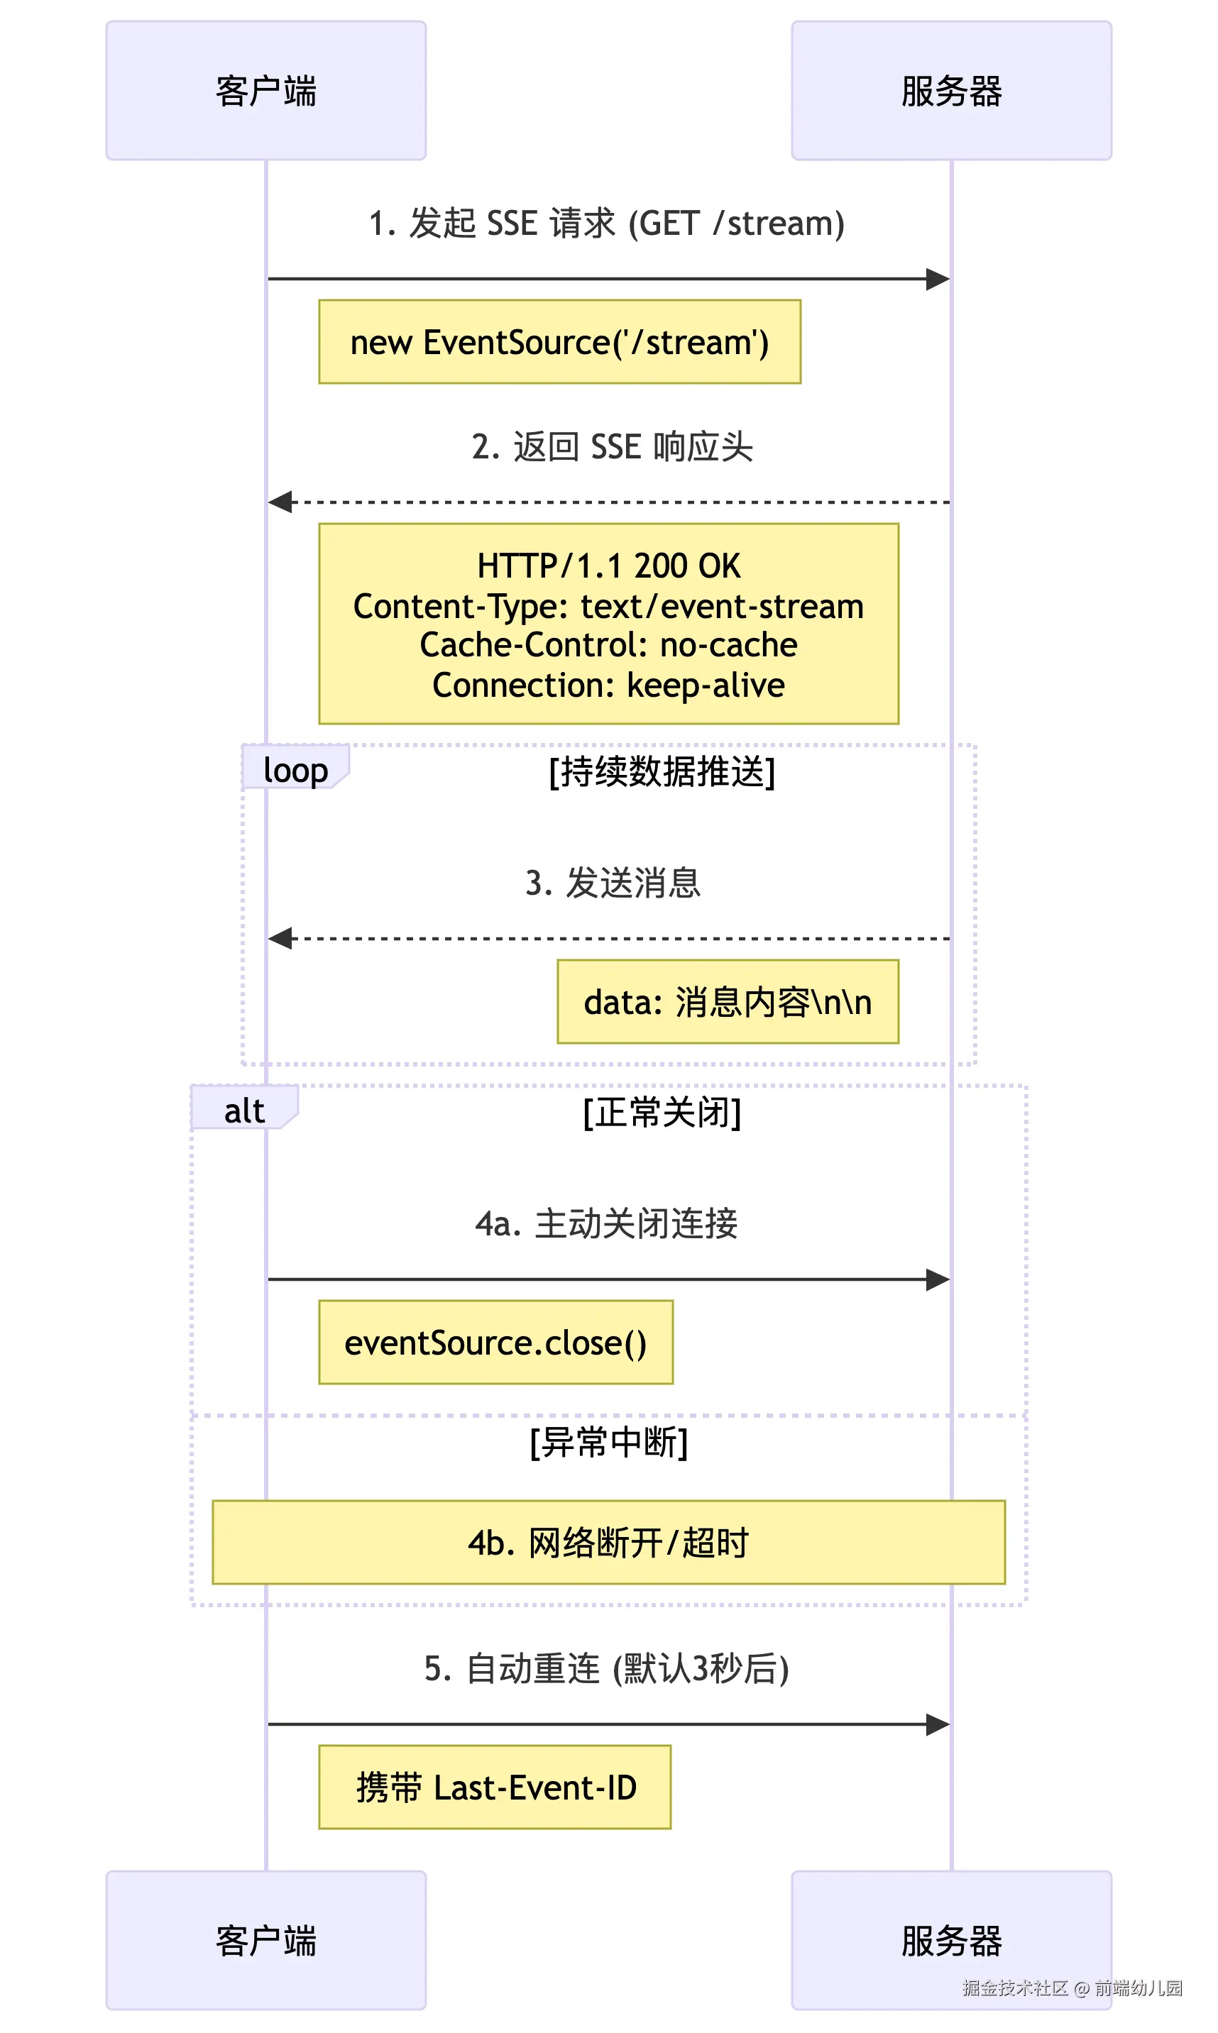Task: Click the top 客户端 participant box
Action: (x=266, y=90)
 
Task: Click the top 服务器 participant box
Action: (x=950, y=90)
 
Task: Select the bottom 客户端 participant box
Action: (x=266, y=1940)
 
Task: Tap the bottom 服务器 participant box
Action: (x=950, y=1940)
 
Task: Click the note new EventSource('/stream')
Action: (x=560, y=342)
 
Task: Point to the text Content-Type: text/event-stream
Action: (x=608, y=606)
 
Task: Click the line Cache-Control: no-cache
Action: (x=608, y=645)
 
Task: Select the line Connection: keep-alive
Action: (x=608, y=685)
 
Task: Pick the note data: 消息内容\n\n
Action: (x=728, y=1002)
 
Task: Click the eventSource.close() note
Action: (x=495, y=1343)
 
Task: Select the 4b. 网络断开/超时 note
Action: (x=608, y=1543)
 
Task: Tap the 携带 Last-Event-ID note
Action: (x=495, y=1787)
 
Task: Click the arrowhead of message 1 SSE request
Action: (x=938, y=279)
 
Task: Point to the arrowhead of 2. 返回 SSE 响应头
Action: (x=280, y=501)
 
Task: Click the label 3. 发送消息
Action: (x=613, y=883)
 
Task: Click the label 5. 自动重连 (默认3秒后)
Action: (x=607, y=1668)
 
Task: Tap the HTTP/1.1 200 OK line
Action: (x=608, y=566)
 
